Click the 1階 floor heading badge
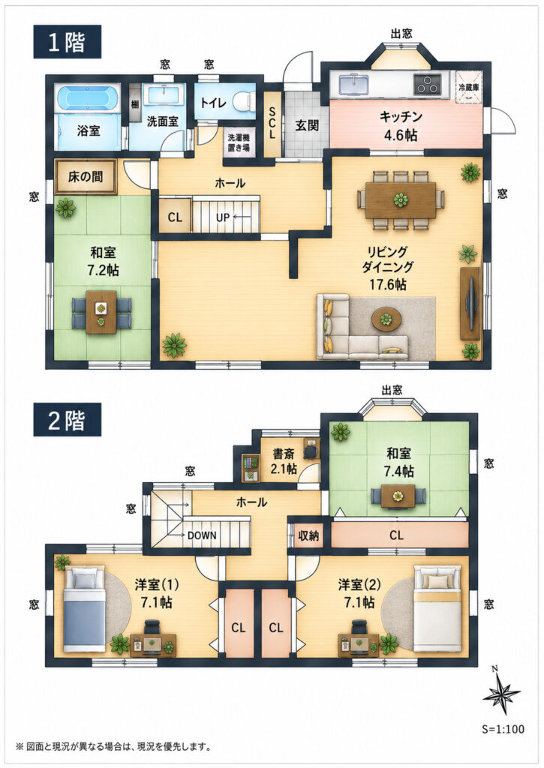pyautogui.click(x=67, y=42)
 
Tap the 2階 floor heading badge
pyautogui.click(x=67, y=420)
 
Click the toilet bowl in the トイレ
pyautogui.click(x=244, y=102)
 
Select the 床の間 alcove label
pyautogui.click(x=86, y=176)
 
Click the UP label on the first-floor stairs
pyautogui.click(x=222, y=217)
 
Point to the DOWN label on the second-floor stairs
pyautogui.click(x=202, y=535)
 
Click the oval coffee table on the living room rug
pyautogui.click(x=386, y=319)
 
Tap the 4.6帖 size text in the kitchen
pyautogui.click(x=401, y=135)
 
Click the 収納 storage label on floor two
pyautogui.click(x=308, y=535)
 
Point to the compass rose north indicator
pyautogui.click(x=501, y=692)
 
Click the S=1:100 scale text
pyautogui.click(x=503, y=729)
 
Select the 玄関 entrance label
pyautogui.click(x=308, y=125)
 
